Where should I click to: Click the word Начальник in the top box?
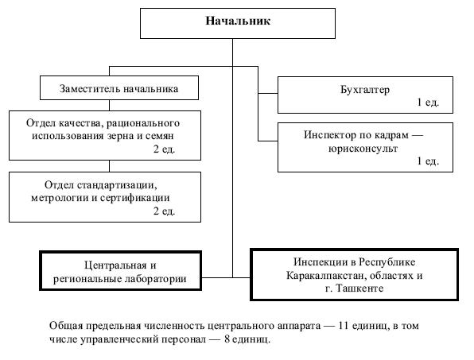click(238, 21)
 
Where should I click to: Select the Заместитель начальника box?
click(119, 88)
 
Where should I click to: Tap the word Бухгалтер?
click(365, 89)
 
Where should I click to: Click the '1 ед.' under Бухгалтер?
click(427, 103)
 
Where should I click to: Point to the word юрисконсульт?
click(363, 149)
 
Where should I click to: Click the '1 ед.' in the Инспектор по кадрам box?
click(427, 161)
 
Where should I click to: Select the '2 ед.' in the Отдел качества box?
click(164, 149)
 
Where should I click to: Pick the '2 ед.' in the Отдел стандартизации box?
click(164, 211)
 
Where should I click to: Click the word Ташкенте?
click(359, 288)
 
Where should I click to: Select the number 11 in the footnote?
click(344, 326)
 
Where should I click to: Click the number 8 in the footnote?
click(227, 339)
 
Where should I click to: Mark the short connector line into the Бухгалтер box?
click(268, 93)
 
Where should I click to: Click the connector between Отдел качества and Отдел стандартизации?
click(109, 166)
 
